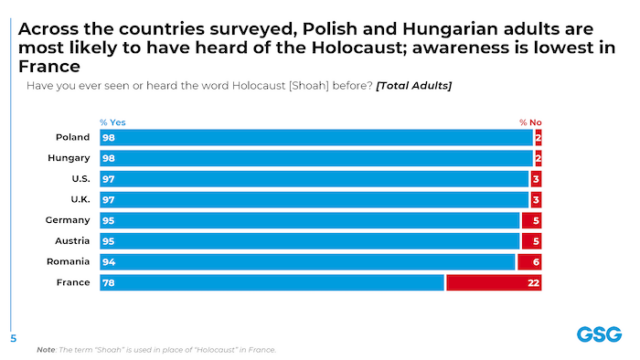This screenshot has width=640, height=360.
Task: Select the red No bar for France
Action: pyautogui.click(x=494, y=283)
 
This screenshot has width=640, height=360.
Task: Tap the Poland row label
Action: pyautogui.click(x=75, y=137)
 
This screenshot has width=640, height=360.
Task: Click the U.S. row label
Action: pyautogui.click(x=79, y=179)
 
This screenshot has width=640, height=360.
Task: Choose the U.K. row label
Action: pyautogui.click(x=79, y=200)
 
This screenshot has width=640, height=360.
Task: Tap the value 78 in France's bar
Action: pyautogui.click(x=108, y=283)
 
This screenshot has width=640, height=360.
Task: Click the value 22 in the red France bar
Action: pyautogui.click(x=534, y=283)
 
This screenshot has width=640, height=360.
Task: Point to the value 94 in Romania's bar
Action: pyautogui.click(x=108, y=262)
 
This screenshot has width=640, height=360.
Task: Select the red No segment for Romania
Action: pyautogui.click(x=529, y=262)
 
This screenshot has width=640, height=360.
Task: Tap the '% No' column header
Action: pyautogui.click(x=530, y=122)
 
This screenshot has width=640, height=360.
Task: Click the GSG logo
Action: pyautogui.click(x=597, y=334)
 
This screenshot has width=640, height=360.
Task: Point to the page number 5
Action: pyautogui.click(x=13, y=337)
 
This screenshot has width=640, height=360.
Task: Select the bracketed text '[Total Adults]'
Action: pyautogui.click(x=413, y=86)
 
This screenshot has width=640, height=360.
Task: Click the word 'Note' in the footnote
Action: pyautogui.click(x=45, y=350)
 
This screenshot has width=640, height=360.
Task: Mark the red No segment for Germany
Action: pyautogui.click(x=531, y=220)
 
